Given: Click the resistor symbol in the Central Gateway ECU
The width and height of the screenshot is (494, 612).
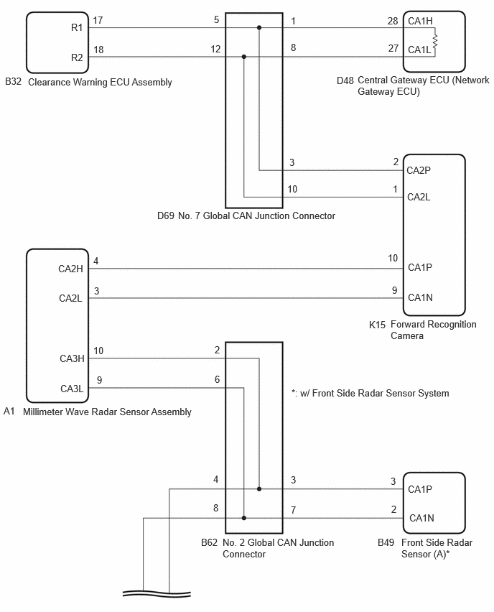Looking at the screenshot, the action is (x=435, y=41).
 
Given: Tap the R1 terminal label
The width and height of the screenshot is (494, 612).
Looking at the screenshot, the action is (x=77, y=28).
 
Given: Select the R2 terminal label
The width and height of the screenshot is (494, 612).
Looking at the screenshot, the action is (x=77, y=57).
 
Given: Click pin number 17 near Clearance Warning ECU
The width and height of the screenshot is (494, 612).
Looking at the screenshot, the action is (x=98, y=20).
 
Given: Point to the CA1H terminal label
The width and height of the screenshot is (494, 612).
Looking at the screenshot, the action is (x=420, y=21).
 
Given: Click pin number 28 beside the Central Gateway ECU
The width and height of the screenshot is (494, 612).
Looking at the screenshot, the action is (x=393, y=21).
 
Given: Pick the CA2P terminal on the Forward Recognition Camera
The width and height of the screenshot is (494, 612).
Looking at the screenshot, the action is (x=419, y=170).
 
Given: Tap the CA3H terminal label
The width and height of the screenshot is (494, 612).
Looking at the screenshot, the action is (x=72, y=358).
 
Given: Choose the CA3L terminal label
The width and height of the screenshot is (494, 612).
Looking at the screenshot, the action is (x=72, y=389).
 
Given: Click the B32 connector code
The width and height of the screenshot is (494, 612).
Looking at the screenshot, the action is (x=13, y=82).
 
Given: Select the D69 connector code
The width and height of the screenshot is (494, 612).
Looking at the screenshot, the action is (x=166, y=215).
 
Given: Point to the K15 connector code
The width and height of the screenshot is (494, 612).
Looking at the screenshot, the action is (x=378, y=325).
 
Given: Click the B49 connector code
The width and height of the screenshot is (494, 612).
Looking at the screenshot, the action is (x=386, y=542).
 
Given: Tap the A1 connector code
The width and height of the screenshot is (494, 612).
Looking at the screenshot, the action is (x=9, y=411).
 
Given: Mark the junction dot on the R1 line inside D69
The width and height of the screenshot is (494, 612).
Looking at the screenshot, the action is (x=259, y=28).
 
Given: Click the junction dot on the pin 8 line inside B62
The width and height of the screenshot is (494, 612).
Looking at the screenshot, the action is (x=244, y=518).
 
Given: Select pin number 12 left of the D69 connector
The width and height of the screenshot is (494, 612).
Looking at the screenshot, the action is (x=216, y=49).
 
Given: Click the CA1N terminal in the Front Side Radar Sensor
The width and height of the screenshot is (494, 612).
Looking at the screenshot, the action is (x=421, y=518).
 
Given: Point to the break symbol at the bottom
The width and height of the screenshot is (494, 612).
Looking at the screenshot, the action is (x=157, y=593).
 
